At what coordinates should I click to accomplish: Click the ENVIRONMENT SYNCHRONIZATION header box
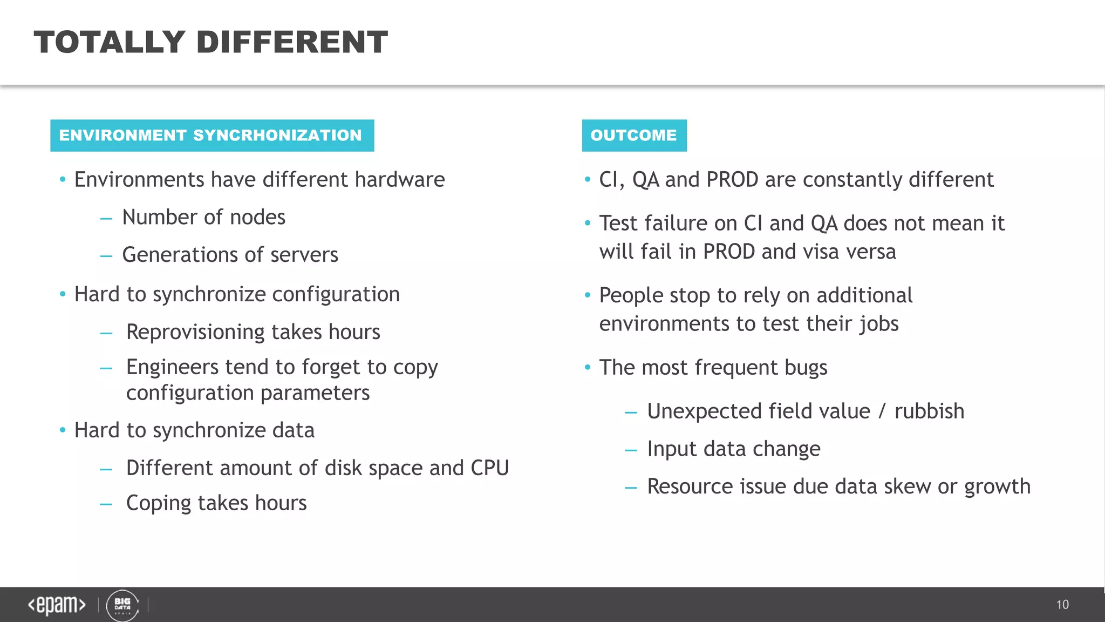coord(212,136)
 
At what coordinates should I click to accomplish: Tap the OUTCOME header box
coord(634,136)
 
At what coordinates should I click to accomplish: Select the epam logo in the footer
coord(57,605)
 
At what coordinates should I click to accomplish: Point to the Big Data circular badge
coord(122,605)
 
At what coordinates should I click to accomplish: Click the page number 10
coord(1062,605)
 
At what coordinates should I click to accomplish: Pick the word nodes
coord(257,218)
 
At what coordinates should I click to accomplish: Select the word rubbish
coord(929,411)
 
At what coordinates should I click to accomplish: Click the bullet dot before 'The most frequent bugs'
coord(588,368)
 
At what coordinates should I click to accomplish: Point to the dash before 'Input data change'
coord(631,449)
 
